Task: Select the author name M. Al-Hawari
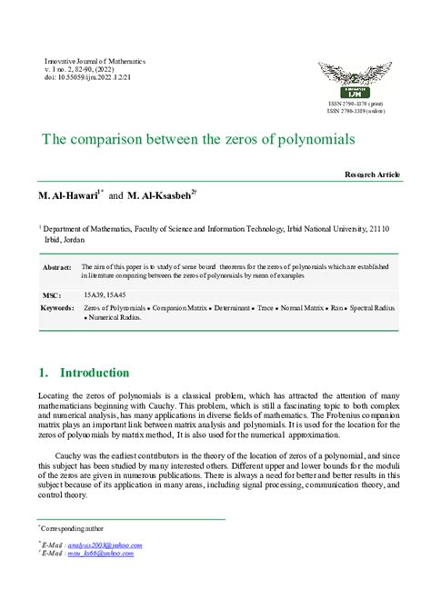66,196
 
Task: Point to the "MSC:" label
52,295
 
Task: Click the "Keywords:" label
57,309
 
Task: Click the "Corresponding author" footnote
73,527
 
